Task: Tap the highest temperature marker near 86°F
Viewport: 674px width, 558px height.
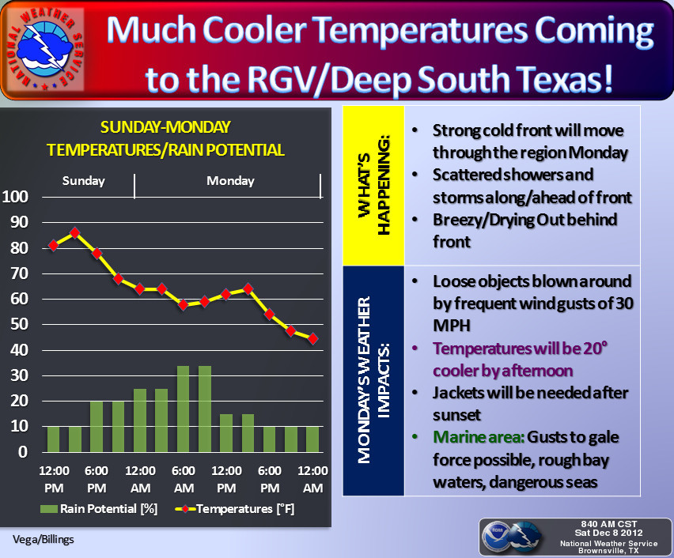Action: point(75,232)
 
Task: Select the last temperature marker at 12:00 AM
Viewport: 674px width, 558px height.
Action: point(312,338)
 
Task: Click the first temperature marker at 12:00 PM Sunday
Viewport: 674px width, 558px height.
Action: point(54,245)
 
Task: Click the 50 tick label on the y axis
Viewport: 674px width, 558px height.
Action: point(19,324)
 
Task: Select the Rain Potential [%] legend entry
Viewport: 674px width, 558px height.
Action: point(100,509)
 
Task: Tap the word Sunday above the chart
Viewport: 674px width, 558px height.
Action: point(84,181)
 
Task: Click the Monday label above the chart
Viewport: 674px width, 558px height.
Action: point(230,181)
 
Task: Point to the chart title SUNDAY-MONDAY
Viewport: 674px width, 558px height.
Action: point(165,126)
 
